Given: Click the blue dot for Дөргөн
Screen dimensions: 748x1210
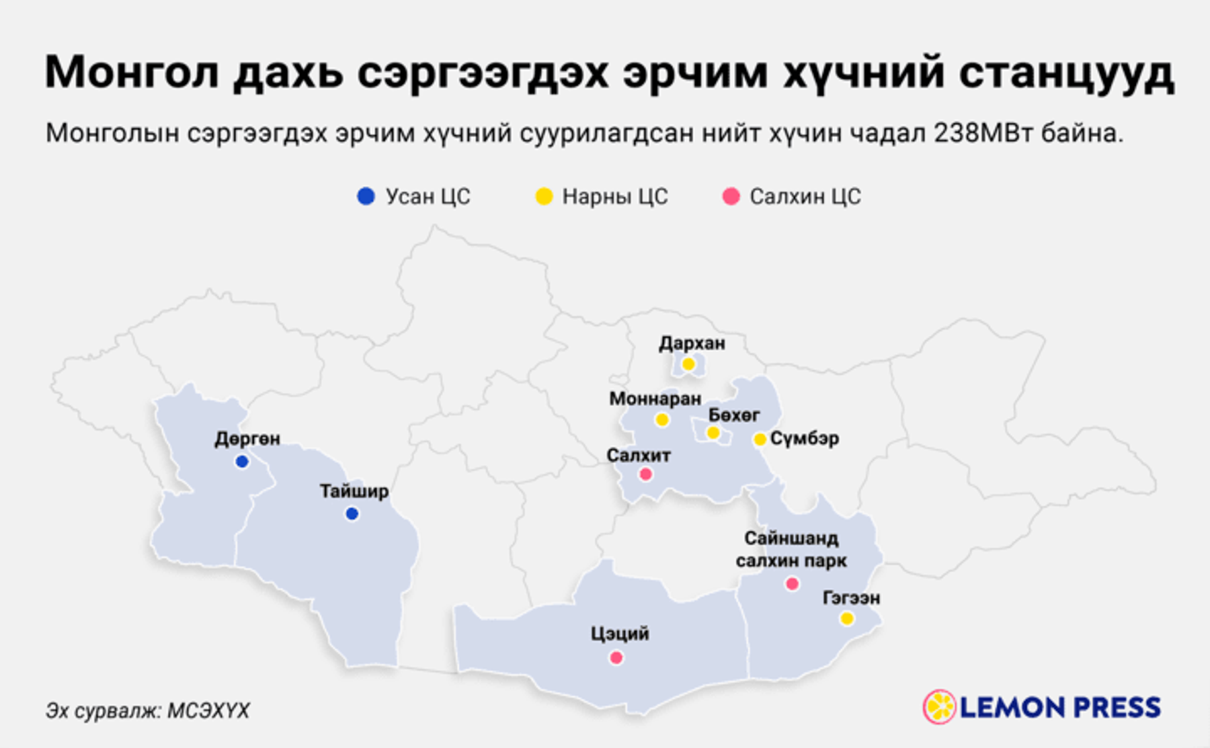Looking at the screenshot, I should pos(242,462).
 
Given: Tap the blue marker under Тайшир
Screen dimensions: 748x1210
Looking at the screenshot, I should pos(352,514).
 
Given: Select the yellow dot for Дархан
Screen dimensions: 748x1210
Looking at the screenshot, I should pos(688,364).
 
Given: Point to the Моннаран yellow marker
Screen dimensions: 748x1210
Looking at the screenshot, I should pos(662,420).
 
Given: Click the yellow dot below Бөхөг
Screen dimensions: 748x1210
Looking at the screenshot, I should pos(713,433).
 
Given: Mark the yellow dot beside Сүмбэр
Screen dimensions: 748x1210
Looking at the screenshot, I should pos(760,440).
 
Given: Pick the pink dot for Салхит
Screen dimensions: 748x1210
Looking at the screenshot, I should pos(645,474).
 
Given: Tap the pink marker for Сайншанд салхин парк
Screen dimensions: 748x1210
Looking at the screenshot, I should pos(793,584).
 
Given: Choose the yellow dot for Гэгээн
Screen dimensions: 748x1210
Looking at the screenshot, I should pos(847,618).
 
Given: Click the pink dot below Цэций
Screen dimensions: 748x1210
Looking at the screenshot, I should pos(616,658).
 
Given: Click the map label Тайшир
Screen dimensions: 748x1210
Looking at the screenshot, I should pos(354,491).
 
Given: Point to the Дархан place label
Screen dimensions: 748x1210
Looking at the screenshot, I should pos(692,343).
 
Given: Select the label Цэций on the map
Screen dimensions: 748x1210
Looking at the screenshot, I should pos(620,634).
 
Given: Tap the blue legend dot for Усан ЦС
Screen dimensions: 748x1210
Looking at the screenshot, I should pos(366,196).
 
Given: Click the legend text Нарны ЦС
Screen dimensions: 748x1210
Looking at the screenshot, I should pos(614,196).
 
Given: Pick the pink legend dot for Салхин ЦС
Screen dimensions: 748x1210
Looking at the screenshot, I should pos(731,196).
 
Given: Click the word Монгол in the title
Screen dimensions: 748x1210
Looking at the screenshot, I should pos(132,72).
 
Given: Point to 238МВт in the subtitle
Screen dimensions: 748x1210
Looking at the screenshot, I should pos(983,133).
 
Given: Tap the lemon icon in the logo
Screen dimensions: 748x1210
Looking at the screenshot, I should pos(939,707).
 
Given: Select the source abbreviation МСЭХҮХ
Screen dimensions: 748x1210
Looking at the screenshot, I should pos(208,710).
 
